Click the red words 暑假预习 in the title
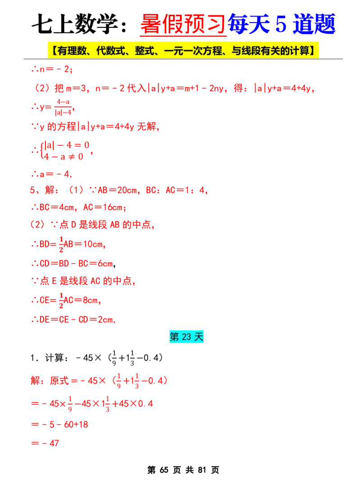click(183, 24)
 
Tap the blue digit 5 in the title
click(281, 24)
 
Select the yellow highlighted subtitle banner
click(183, 50)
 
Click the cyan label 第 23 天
click(186, 337)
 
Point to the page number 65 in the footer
click(164, 470)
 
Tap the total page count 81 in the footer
click(202, 470)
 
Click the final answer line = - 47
click(45, 443)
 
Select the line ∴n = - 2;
click(52, 69)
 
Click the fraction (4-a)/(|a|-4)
click(63, 107)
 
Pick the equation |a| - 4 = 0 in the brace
click(67, 145)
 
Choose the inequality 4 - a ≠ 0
click(63, 157)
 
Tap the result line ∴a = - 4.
click(52, 174)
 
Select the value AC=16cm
click(103, 207)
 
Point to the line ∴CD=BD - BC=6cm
click(73, 263)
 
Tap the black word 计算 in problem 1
click(54, 358)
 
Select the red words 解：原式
click(49, 381)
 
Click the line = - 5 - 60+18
click(59, 424)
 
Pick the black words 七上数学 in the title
click(75, 24)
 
